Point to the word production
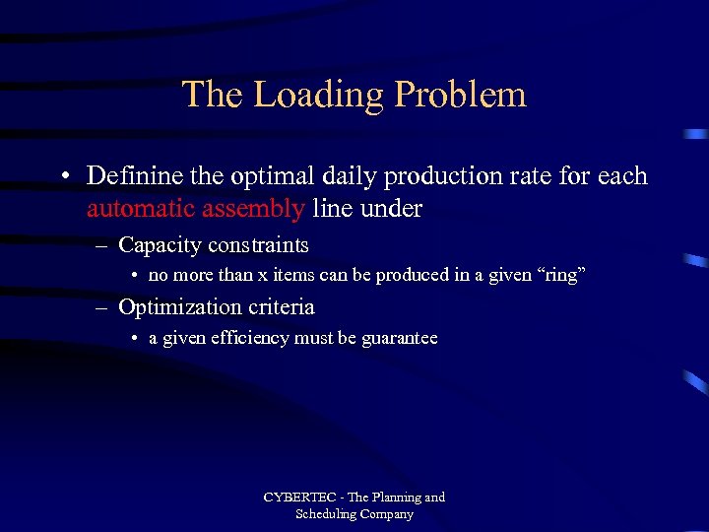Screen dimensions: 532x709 438,176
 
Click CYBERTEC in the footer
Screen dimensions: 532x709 300,498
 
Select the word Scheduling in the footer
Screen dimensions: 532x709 328,514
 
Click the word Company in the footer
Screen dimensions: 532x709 388,514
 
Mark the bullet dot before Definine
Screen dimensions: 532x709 63,177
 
